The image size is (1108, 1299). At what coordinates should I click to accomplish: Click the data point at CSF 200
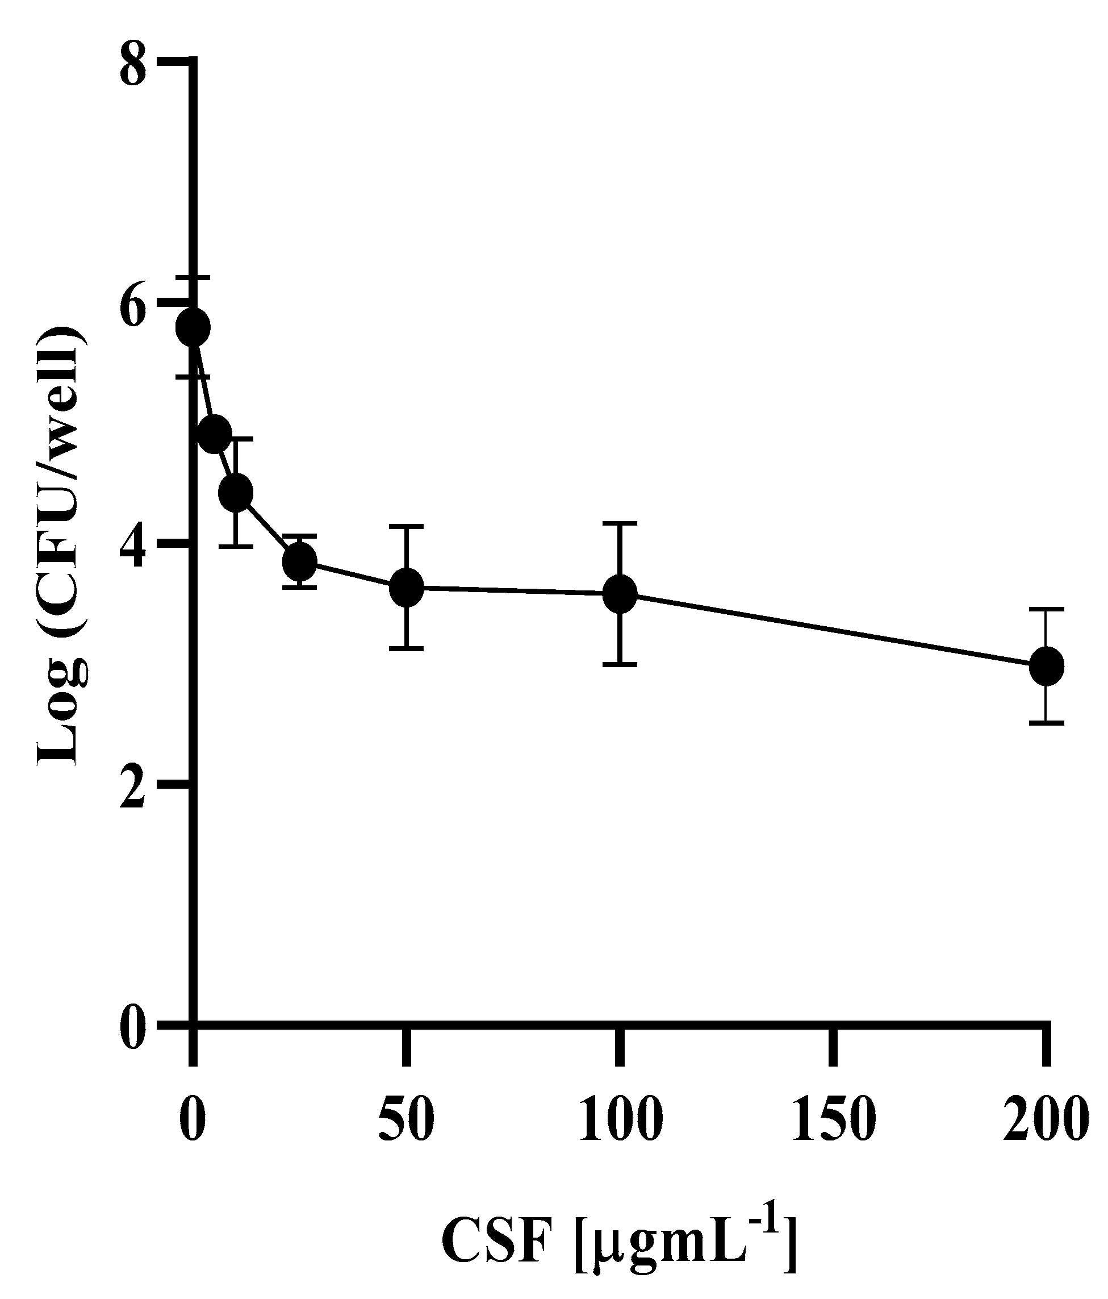click(1046, 666)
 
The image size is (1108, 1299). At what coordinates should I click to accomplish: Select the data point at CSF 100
click(620, 594)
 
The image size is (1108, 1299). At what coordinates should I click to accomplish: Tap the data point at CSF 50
click(407, 588)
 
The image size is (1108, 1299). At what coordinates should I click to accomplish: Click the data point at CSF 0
click(193, 327)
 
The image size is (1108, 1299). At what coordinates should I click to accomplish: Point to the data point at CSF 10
click(236, 493)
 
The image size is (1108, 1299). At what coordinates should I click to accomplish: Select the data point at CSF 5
click(214, 435)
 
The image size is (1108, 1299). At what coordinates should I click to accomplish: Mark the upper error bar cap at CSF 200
click(1046, 609)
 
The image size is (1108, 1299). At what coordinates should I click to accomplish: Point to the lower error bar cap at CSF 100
click(620, 664)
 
